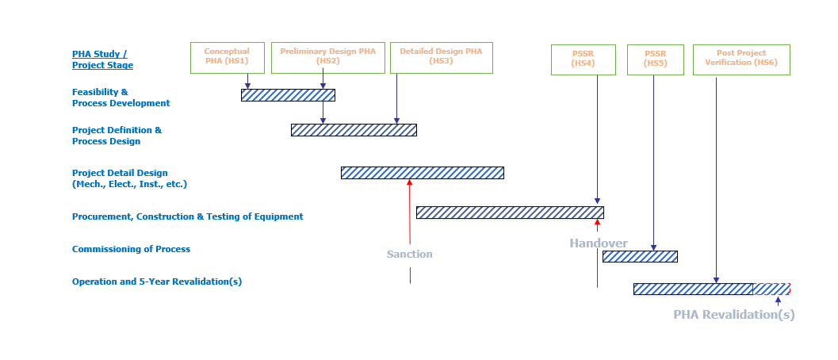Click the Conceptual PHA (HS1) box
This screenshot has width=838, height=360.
227,58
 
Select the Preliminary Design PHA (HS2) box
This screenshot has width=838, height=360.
327,58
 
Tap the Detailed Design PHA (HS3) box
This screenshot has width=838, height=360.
441,58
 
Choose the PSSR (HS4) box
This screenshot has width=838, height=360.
583,59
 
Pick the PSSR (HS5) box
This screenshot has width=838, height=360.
655,59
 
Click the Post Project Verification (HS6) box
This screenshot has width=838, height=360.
741,59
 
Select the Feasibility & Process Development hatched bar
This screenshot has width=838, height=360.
288,95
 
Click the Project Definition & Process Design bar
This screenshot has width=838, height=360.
354,130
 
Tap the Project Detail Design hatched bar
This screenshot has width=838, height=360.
422,173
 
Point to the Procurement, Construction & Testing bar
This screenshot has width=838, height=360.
510,213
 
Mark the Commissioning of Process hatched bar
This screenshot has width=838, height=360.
640,256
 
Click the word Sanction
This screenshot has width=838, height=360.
410,255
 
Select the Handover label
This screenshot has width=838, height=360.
599,243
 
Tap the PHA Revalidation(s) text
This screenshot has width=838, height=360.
734,315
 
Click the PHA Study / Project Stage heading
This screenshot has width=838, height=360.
102,59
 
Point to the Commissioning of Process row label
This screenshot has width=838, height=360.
131,249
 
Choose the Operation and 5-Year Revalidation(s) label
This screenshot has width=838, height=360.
157,281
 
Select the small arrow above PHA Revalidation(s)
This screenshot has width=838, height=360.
778,301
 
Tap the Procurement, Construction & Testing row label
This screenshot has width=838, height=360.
187,216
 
